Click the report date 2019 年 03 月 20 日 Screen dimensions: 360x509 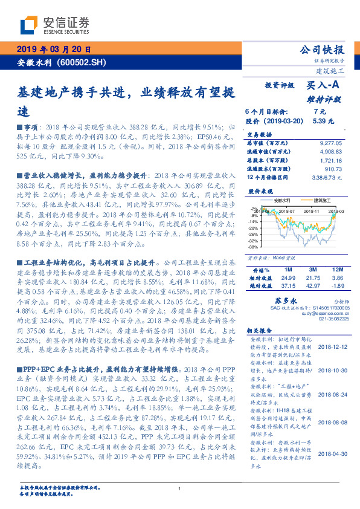pyautogui.click(x=54, y=50)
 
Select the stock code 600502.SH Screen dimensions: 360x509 pyautogui.click(x=84, y=63)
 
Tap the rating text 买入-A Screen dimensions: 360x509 pyautogui.click(x=324, y=87)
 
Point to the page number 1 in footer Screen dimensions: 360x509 pyautogui.click(x=179, y=488)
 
